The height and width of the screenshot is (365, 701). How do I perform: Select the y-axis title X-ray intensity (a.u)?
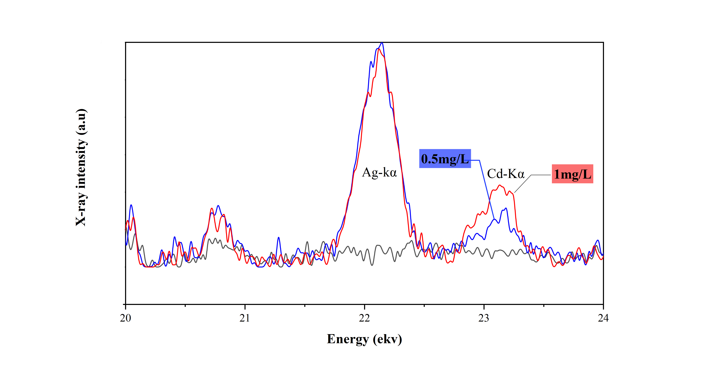(81, 167)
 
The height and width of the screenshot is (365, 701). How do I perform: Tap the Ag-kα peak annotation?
(379, 172)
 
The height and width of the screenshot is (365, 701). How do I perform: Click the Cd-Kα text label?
(506, 174)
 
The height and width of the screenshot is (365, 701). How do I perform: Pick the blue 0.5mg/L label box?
(445, 159)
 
